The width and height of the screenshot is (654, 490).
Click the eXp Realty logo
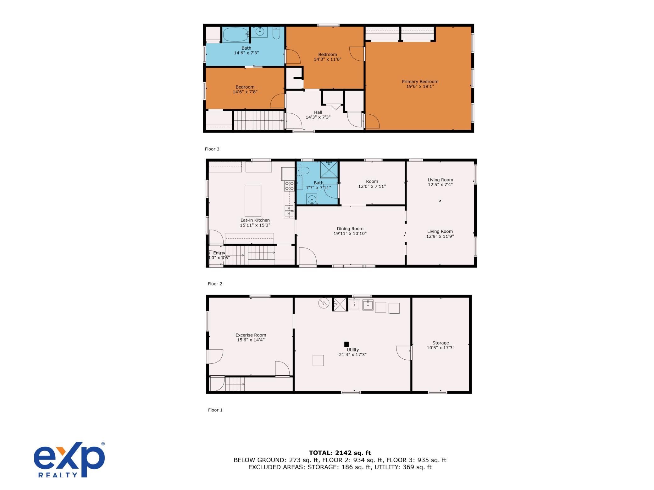tap(69, 460)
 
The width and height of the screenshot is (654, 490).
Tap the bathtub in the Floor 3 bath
tap(236, 35)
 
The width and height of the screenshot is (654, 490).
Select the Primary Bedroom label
tap(420, 84)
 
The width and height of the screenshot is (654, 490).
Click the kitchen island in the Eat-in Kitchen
tap(253, 201)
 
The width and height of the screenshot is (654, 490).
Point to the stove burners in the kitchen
tap(289, 186)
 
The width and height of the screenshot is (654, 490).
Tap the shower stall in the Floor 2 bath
tap(329, 170)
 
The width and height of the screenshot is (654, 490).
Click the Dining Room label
tap(350, 231)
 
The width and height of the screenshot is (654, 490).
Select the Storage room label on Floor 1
tap(441, 345)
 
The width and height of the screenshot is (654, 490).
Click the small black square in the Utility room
tap(346, 344)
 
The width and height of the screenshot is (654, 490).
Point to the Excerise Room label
tap(251, 337)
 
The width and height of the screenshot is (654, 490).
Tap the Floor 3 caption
tap(212, 149)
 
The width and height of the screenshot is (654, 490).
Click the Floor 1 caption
tap(215, 410)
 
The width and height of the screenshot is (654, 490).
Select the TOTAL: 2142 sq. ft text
tap(340, 453)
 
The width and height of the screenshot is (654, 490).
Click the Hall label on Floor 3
tap(318, 115)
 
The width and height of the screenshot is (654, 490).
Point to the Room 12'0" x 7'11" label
tap(372, 184)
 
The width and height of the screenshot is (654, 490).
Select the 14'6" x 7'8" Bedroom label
tap(245, 90)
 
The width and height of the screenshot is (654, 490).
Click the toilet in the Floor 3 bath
tap(276, 33)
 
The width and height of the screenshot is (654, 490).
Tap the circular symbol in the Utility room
tap(324, 303)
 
